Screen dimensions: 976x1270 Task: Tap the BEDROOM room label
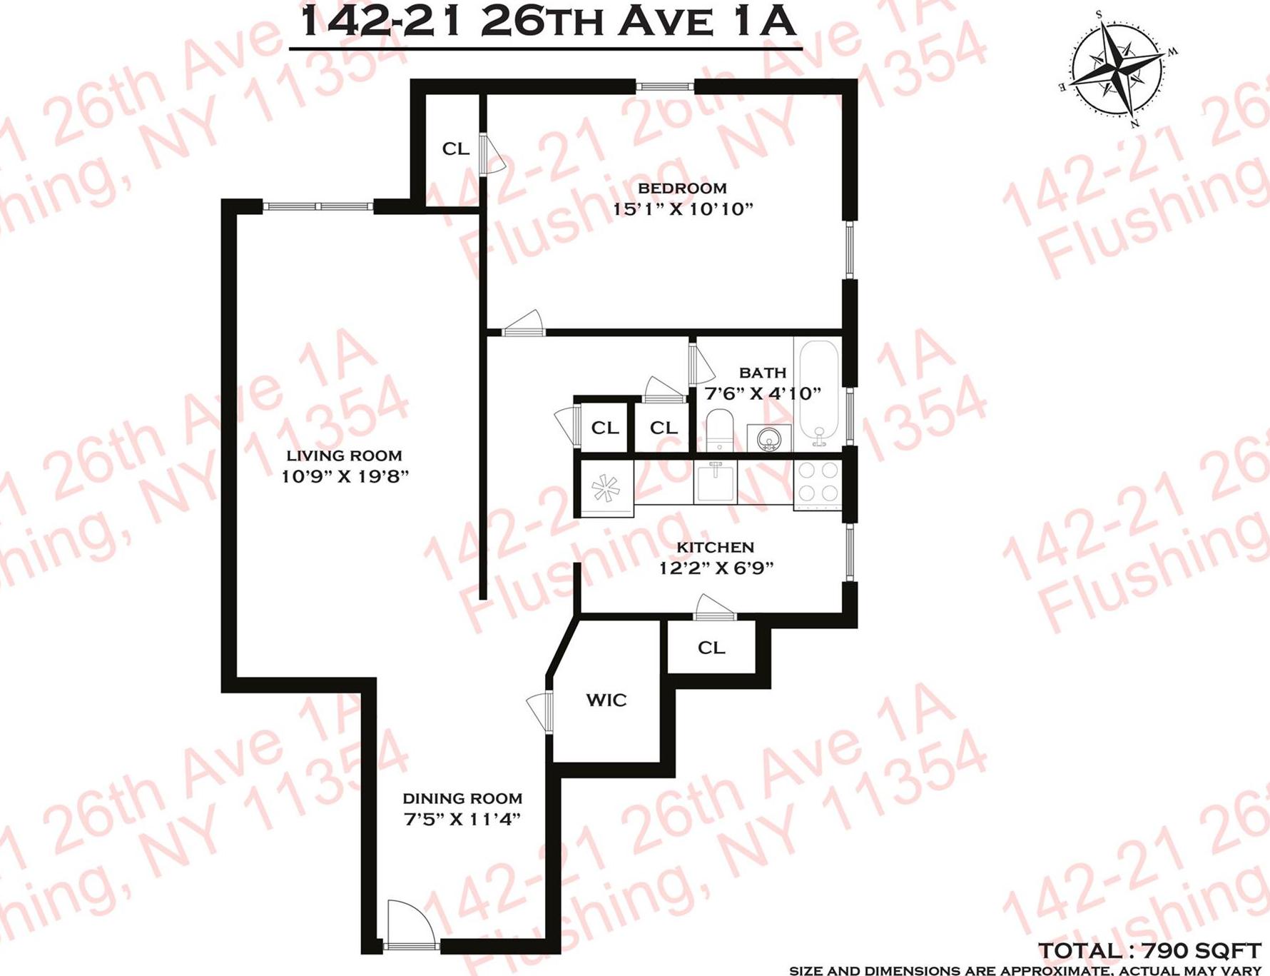click(x=682, y=188)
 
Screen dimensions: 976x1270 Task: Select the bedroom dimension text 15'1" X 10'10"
click(x=683, y=209)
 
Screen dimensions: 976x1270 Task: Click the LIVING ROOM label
click(x=344, y=456)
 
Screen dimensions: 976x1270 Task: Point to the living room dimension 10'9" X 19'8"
click(x=345, y=476)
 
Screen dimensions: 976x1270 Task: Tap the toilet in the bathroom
click(x=720, y=429)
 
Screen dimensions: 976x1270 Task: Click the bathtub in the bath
click(x=818, y=393)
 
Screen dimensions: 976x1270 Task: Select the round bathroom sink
click(x=768, y=437)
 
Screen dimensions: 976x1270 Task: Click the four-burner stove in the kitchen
click(x=818, y=482)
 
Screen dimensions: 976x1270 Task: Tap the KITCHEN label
click(x=715, y=548)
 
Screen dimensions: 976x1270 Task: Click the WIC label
click(x=606, y=700)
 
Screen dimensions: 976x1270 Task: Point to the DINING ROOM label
click(x=462, y=799)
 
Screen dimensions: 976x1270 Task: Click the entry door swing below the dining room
click(x=410, y=925)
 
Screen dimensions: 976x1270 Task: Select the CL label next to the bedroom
click(x=456, y=149)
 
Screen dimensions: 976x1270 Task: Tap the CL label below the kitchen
click(x=711, y=648)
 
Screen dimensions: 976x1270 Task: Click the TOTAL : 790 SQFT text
click(x=1149, y=951)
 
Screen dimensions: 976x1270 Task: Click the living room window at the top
click(x=317, y=206)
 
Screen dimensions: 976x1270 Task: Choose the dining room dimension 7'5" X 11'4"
click(x=462, y=820)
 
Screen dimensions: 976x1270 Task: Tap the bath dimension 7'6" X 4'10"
click(x=763, y=393)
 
